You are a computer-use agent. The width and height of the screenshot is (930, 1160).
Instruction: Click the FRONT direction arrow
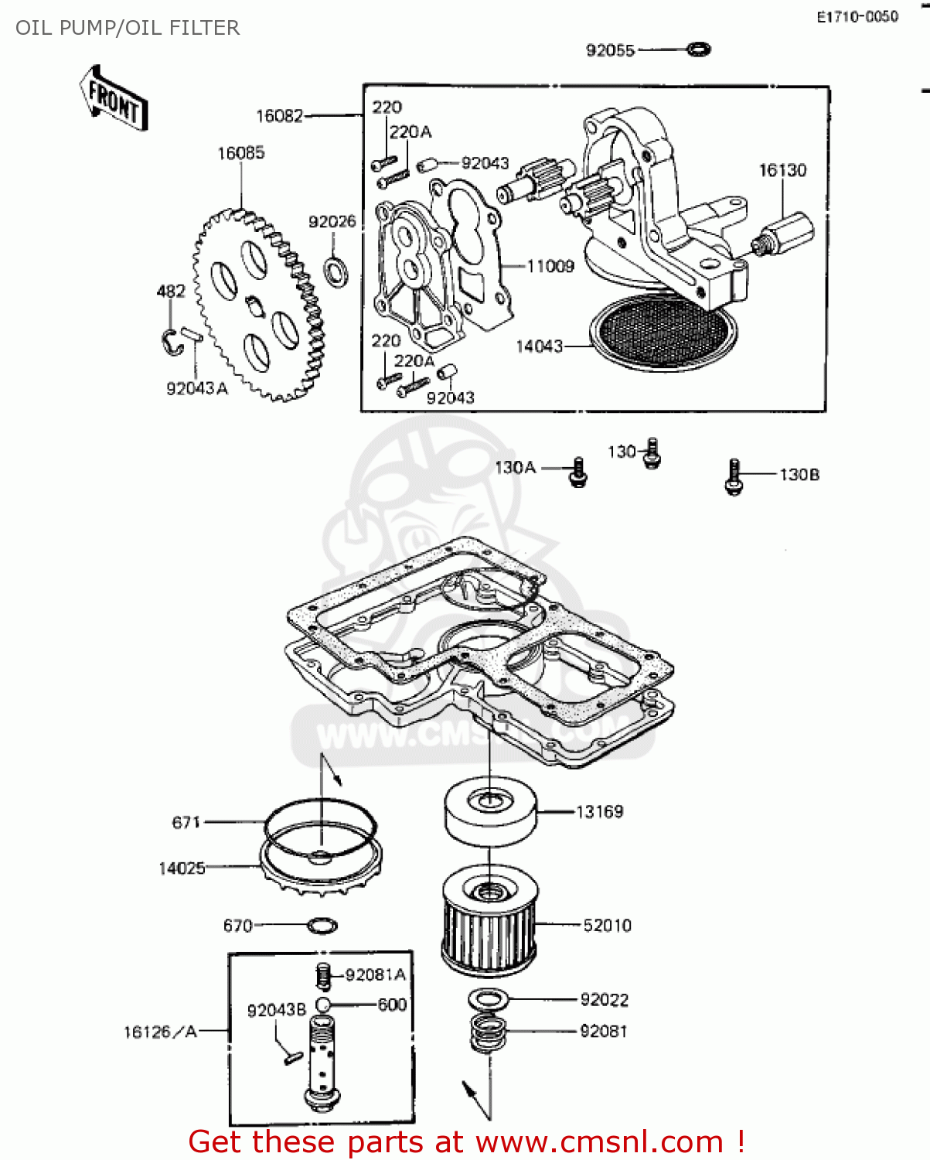[x=114, y=98]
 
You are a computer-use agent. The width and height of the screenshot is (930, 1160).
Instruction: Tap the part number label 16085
[x=241, y=153]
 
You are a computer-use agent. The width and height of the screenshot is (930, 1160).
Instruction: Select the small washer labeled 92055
[x=699, y=49]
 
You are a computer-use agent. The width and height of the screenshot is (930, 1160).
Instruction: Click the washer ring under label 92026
[x=336, y=272]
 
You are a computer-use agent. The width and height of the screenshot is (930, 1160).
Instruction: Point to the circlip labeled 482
[x=172, y=342]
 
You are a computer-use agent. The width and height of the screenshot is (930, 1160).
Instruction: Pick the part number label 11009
[x=550, y=266]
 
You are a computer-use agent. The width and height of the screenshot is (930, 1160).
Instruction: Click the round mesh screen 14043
[x=663, y=332]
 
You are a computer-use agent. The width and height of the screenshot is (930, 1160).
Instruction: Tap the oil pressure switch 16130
[x=782, y=234]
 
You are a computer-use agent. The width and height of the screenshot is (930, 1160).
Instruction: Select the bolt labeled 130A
[x=578, y=473]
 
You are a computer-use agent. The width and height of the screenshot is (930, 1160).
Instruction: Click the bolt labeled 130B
[x=734, y=476]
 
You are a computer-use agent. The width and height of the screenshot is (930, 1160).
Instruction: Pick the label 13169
[x=599, y=811]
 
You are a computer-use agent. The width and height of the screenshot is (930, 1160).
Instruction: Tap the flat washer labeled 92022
[x=488, y=998]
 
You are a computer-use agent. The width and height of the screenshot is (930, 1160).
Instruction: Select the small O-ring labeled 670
[x=322, y=926]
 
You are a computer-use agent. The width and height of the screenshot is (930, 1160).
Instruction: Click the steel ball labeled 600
[x=322, y=1005]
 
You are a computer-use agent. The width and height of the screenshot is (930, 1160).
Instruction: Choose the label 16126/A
[x=160, y=1032]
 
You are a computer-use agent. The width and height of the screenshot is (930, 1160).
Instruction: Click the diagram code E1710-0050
[x=858, y=17]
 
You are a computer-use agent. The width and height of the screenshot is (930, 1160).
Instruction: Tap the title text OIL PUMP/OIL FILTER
[x=127, y=28]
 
